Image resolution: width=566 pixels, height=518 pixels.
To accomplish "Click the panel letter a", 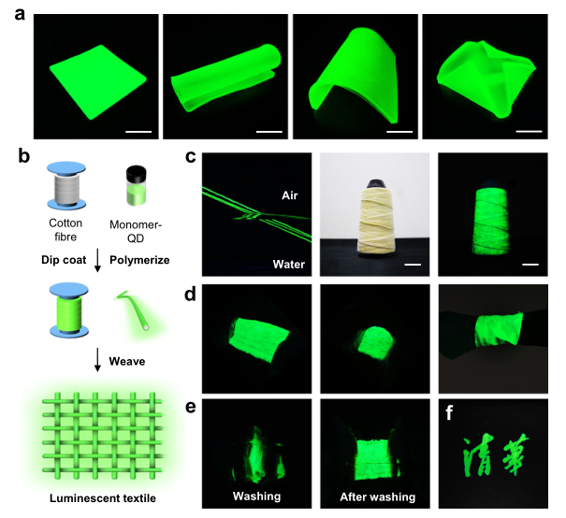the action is (20, 15).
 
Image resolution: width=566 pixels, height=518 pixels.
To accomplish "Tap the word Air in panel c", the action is (289, 195).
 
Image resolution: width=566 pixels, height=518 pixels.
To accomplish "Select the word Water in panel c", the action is (289, 265).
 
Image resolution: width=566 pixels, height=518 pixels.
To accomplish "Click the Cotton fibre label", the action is (65, 230).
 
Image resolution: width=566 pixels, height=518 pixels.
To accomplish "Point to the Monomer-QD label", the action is (136, 231).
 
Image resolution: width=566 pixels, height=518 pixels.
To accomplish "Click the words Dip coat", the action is (64, 260).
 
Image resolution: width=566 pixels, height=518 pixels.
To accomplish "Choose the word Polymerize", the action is (139, 260).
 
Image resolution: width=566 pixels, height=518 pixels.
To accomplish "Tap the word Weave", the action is (127, 362).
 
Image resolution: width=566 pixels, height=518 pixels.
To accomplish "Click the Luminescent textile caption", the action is (103, 498).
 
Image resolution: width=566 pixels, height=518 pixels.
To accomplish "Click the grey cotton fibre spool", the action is (66, 185).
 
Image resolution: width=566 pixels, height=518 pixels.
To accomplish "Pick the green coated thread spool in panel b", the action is (68, 310).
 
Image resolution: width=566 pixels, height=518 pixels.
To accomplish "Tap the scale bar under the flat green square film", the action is (138, 132).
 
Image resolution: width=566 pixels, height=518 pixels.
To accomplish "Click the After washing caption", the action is (378, 497).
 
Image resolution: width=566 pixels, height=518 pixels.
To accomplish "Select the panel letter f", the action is (449, 412).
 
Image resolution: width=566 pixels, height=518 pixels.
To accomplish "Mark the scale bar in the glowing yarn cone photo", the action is (530, 265).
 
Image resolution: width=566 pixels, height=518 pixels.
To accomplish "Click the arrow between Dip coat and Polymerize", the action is (97, 261).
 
